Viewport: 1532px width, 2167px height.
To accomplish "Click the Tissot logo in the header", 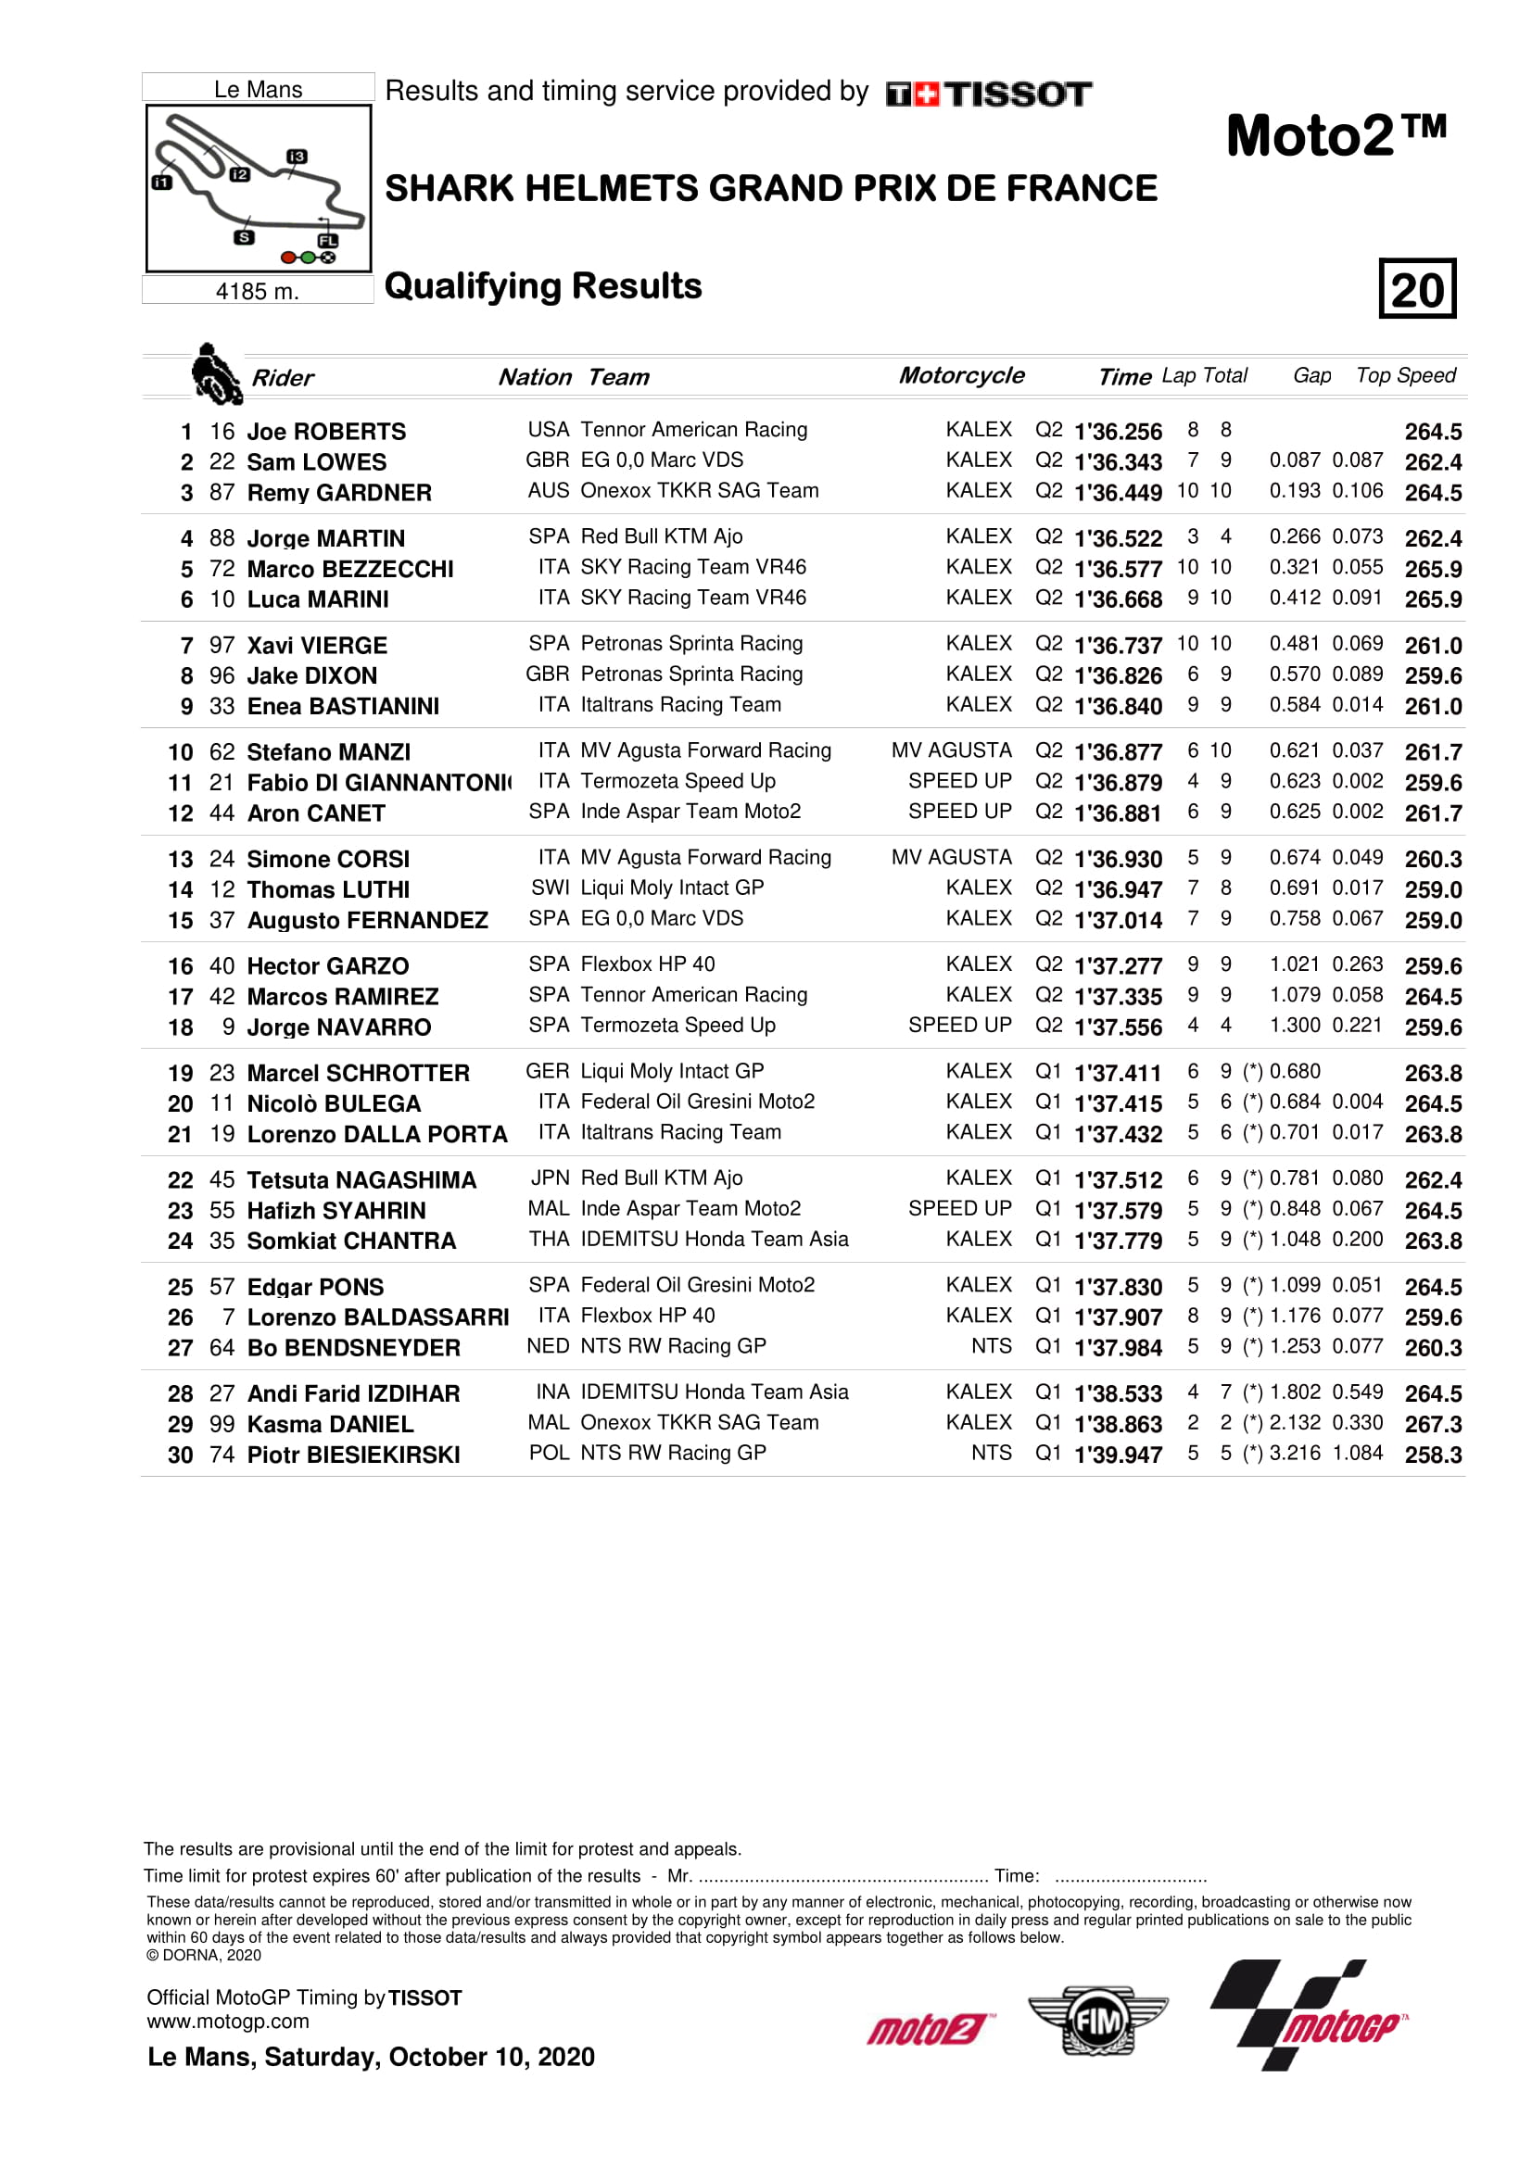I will [x=988, y=94].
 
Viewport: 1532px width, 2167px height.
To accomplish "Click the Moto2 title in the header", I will [x=1335, y=136].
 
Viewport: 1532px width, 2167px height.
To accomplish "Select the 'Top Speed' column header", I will [x=1405, y=375].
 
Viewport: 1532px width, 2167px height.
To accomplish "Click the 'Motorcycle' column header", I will [x=961, y=375].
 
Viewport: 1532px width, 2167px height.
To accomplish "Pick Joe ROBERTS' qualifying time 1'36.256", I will [x=1118, y=432].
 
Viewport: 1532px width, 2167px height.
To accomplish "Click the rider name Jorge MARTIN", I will [x=325, y=538].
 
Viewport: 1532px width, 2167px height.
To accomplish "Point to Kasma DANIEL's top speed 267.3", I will [x=1432, y=1424].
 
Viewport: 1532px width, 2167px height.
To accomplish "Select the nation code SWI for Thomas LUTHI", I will [x=550, y=888].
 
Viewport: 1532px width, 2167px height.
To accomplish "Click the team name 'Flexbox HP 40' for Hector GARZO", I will [x=648, y=964].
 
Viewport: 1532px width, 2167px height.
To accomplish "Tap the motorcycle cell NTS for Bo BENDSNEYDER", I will [x=991, y=1346].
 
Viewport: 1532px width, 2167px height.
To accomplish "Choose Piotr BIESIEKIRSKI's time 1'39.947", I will [x=1118, y=1455].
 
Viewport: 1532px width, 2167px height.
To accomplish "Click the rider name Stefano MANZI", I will [x=328, y=752].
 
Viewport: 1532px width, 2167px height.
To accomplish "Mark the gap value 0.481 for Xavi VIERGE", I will [x=1294, y=644].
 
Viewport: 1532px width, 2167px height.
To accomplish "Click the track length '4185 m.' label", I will [x=257, y=291].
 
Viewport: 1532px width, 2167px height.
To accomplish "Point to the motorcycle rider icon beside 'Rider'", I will [x=215, y=373].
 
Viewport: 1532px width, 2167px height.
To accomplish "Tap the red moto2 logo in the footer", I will [x=927, y=2028].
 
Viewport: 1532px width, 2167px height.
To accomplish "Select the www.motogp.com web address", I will [x=227, y=2022].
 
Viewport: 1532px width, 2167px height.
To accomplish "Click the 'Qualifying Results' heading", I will [x=543, y=286].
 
